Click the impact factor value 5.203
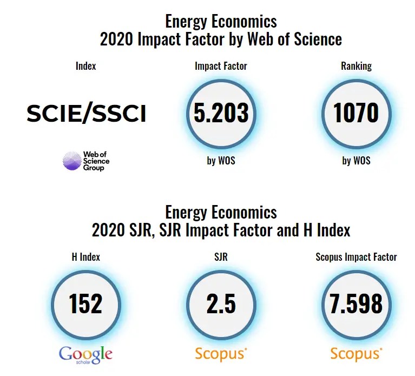221,113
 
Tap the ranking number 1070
356,113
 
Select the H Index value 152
85,304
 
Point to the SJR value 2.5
221,304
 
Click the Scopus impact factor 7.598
356,304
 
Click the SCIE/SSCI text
87,114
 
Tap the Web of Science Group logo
87,161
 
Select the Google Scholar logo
85,354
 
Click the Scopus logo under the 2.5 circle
221,354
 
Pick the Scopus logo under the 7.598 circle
356,354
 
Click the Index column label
85,66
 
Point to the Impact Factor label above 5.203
221,66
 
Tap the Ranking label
356,66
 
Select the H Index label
85,257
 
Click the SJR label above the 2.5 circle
221,257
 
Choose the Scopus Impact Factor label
356,257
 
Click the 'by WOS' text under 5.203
221,161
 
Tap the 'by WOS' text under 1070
356,161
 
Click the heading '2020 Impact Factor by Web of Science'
221,39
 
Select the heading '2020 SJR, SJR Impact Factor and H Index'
221,230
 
